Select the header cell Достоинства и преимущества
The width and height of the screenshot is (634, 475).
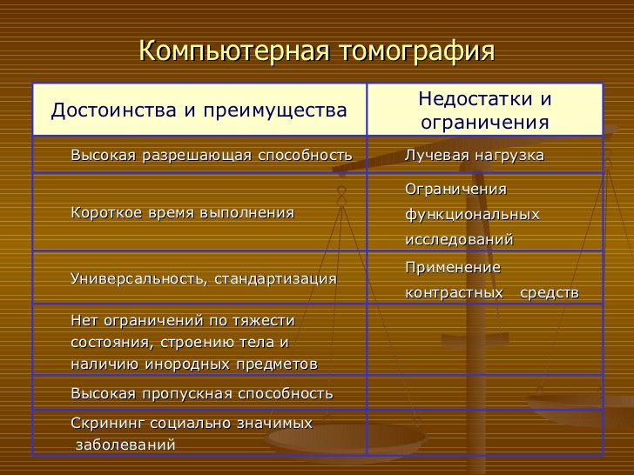tap(199, 110)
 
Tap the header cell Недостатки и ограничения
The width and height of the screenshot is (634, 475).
tap(485, 110)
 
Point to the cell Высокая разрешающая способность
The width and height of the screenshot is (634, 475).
tap(211, 156)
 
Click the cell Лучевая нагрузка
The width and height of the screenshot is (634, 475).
tap(475, 156)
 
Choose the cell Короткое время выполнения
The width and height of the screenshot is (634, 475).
tap(182, 212)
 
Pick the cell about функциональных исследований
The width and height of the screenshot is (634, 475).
tap(472, 214)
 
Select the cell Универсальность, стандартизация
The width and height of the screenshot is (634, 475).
tap(203, 278)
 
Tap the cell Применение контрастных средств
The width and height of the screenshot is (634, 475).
tap(491, 279)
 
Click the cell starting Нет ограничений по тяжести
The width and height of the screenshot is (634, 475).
tap(193, 342)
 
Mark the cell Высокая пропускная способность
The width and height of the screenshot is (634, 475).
tap(201, 394)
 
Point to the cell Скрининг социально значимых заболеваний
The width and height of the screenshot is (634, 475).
tap(191, 433)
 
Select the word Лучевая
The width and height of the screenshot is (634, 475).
tap(435, 156)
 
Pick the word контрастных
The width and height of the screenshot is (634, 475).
tap(455, 293)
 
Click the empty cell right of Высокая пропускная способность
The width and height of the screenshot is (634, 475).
tap(485, 394)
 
